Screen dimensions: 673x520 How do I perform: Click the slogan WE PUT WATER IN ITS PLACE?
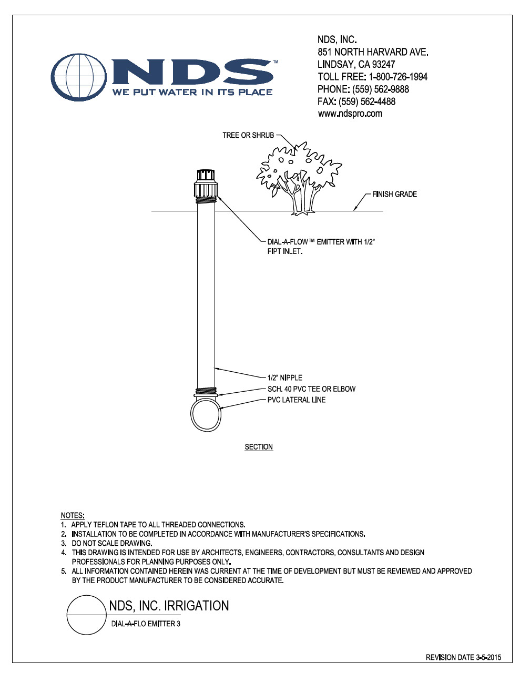192,92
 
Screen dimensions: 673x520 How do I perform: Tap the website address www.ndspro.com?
350,114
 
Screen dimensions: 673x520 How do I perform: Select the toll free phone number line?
372,77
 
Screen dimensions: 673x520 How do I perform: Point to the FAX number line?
356,101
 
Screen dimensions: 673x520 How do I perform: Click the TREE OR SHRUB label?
248,135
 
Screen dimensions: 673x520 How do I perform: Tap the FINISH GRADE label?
394,194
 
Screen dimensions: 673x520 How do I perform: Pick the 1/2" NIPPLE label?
284,378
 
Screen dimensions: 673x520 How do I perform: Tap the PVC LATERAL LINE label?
297,400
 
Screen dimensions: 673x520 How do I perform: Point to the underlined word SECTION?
259,447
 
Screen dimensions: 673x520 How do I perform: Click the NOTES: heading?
73,515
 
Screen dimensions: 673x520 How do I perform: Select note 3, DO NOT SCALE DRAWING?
111,543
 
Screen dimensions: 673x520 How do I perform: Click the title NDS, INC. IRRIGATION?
169,606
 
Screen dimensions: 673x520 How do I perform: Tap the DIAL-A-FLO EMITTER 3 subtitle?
146,624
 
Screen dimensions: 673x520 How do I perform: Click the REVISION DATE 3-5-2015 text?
463,657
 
